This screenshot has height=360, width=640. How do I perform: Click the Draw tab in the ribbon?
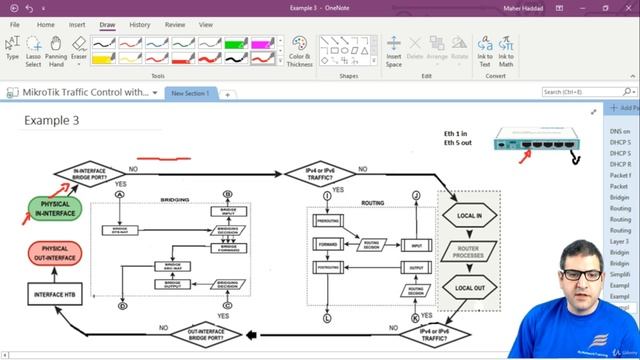click(x=107, y=24)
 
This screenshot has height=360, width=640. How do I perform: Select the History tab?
click(x=140, y=24)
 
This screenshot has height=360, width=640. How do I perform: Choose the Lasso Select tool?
click(x=33, y=50)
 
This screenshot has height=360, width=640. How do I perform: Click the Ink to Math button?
click(x=506, y=50)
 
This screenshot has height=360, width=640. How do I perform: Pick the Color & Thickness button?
click(x=299, y=50)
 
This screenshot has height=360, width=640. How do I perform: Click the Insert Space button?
click(x=393, y=50)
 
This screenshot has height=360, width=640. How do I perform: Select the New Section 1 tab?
click(x=190, y=93)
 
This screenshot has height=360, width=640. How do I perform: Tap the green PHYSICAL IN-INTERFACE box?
click(x=56, y=210)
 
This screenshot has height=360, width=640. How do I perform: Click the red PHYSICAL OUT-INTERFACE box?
click(x=56, y=253)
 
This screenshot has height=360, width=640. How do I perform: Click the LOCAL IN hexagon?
click(x=469, y=215)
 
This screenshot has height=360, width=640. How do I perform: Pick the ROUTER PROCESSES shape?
click(x=469, y=252)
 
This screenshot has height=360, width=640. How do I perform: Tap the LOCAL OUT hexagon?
click(x=469, y=289)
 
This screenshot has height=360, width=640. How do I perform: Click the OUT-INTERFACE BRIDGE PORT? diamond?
click(x=204, y=332)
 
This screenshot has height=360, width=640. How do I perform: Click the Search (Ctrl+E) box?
click(x=571, y=92)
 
